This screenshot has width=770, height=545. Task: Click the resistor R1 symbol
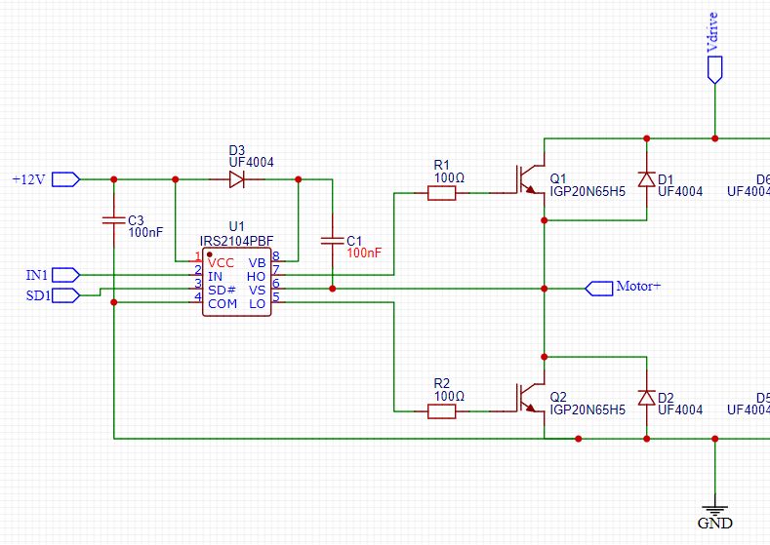441,193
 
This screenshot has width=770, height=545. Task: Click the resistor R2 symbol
441,412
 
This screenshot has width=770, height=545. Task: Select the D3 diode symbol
236,179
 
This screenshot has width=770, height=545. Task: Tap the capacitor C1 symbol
333,239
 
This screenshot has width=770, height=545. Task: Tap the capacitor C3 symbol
114,219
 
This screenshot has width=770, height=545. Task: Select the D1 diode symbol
645,179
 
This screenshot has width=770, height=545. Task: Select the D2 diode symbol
645,398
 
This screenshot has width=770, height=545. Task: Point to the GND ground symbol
715,508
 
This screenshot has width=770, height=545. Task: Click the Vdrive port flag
715,64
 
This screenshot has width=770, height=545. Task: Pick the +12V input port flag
64,179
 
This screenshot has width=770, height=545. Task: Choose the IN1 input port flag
64,274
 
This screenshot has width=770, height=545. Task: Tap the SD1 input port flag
64,294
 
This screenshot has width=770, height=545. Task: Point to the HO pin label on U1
258,276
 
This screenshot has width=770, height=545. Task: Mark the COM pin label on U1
223,304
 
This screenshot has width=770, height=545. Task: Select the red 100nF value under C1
365,253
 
